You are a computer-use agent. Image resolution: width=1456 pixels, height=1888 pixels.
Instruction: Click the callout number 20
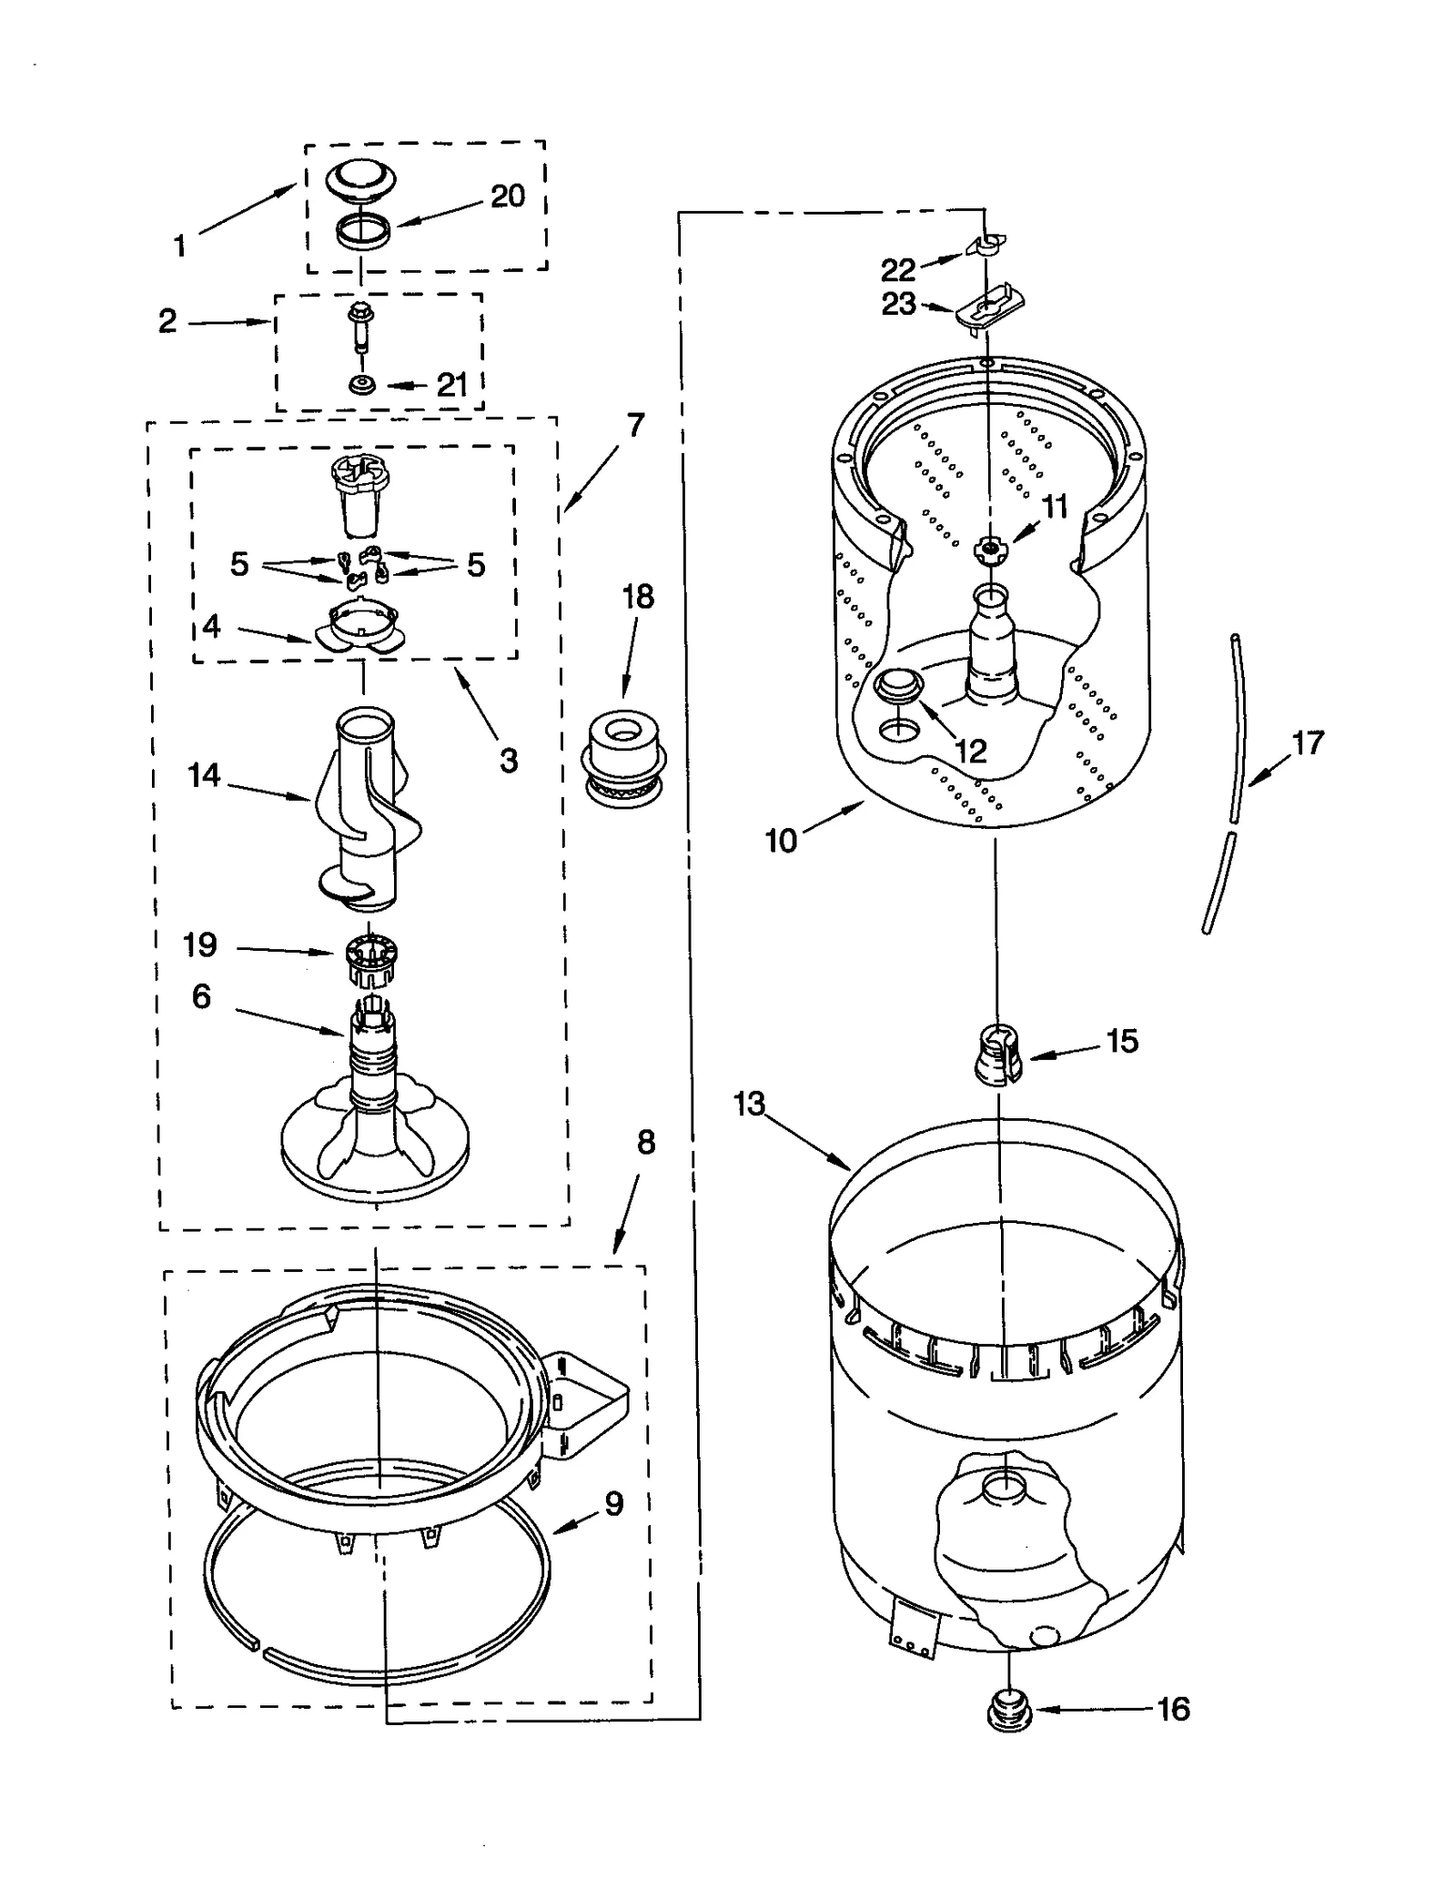(508, 196)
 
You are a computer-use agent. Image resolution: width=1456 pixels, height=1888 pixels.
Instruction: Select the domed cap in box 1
(361, 177)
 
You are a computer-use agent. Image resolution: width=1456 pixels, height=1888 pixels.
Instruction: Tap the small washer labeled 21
(363, 386)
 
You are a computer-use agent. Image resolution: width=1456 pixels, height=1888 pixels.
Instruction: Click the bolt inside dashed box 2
(361, 327)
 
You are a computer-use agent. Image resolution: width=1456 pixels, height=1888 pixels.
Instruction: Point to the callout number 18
(638, 597)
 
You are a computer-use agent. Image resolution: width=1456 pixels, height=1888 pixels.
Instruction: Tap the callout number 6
(201, 996)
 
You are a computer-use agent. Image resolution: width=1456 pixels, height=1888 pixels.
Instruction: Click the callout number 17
(1308, 742)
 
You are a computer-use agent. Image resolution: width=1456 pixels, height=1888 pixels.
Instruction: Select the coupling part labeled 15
(998, 1055)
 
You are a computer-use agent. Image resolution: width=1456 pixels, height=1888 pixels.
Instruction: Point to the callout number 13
(750, 1105)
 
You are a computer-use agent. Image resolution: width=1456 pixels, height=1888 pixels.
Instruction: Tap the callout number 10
(781, 841)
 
